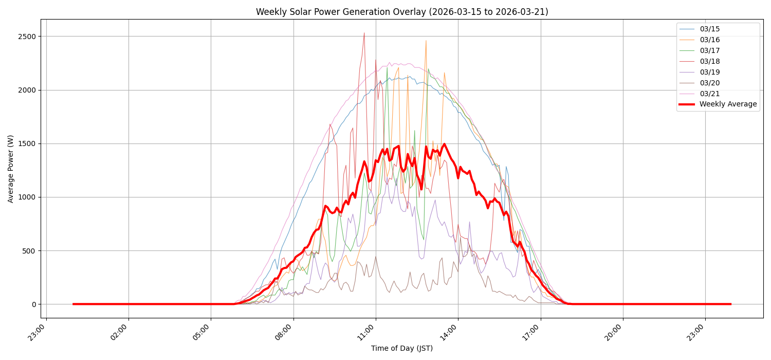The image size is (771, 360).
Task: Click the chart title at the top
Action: tap(402, 12)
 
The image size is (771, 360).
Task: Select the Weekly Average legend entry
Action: tap(727, 104)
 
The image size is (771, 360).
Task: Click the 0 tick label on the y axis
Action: tap(34, 304)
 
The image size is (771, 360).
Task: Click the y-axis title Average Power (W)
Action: tap(11, 169)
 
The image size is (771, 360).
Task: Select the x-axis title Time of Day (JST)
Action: tap(402, 349)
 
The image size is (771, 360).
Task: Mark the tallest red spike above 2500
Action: tap(364, 33)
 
